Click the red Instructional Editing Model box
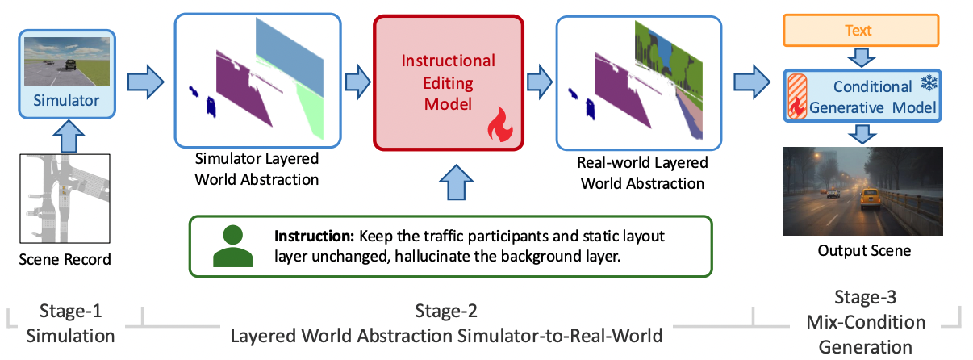(448, 82)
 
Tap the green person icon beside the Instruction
(232, 246)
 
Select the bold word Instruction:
(315, 237)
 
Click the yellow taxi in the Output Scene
(869, 197)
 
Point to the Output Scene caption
(863, 251)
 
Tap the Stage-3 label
(866, 299)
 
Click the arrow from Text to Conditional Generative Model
(862, 57)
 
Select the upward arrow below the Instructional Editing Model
(449, 181)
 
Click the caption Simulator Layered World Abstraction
(257, 168)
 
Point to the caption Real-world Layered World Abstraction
(642, 173)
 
